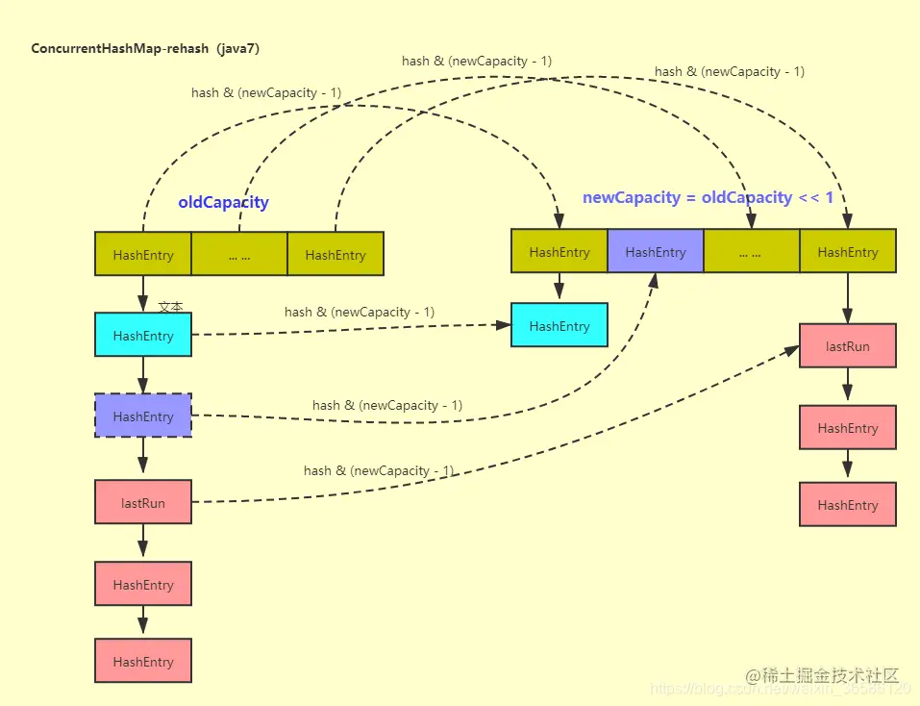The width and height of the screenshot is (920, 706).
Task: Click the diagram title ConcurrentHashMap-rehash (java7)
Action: click(x=145, y=48)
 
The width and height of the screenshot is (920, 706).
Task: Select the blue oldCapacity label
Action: click(x=223, y=203)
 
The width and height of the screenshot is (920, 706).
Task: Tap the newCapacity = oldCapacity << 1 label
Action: click(x=708, y=197)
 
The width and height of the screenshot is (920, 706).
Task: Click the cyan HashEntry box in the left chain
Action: click(x=143, y=336)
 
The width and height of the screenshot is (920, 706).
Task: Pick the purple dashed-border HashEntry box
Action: click(x=143, y=416)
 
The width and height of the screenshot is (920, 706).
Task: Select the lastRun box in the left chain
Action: click(x=143, y=502)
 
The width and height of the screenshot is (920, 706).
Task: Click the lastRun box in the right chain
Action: click(x=847, y=346)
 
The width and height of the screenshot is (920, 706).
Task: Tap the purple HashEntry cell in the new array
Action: click(x=655, y=252)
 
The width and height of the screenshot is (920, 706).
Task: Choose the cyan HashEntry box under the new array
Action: click(x=559, y=326)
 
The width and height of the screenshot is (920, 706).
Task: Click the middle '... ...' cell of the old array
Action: click(x=239, y=255)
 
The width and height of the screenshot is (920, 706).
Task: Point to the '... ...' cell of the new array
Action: click(x=751, y=252)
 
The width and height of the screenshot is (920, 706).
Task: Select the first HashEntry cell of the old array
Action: click(x=143, y=255)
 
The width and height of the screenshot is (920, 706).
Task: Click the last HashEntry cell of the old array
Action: click(x=336, y=255)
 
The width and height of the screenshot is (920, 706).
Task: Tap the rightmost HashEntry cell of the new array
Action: click(x=847, y=252)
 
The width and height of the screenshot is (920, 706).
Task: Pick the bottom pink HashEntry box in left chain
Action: click(x=143, y=662)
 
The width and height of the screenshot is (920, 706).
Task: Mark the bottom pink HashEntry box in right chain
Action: click(x=847, y=505)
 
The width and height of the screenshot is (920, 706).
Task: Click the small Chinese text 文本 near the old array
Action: click(x=170, y=307)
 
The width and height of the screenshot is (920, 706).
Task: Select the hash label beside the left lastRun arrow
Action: click(x=379, y=470)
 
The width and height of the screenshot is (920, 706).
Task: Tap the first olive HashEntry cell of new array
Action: click(x=559, y=252)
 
